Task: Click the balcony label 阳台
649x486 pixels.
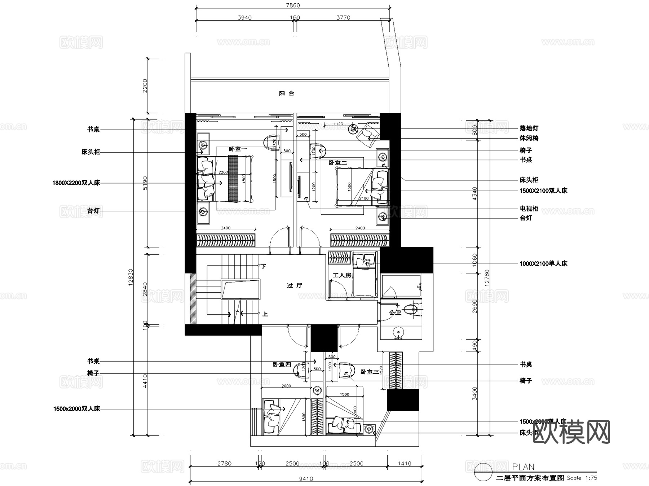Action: pos(287,93)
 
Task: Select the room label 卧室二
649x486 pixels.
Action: pos(337,163)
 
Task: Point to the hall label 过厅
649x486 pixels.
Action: pos(294,285)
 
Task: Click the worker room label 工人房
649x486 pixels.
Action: pos(341,275)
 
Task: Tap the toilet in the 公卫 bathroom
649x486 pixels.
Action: pos(411,310)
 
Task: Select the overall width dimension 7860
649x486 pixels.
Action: pos(292,5)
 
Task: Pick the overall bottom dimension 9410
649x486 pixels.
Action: pos(306,479)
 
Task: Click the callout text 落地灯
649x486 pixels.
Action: pos(529,128)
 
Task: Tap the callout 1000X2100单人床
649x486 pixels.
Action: pos(543,264)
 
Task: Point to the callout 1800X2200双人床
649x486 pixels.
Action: pos(76,183)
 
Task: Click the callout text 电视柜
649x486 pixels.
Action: pos(529,209)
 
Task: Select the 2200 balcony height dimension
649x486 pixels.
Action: pos(145,86)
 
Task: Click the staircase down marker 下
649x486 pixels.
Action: pos(264,266)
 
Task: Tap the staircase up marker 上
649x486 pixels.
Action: pos(265,314)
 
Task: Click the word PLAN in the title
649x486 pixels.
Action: pos(523,467)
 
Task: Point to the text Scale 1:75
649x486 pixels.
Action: pos(582,478)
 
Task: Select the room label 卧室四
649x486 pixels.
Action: pos(282,364)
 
